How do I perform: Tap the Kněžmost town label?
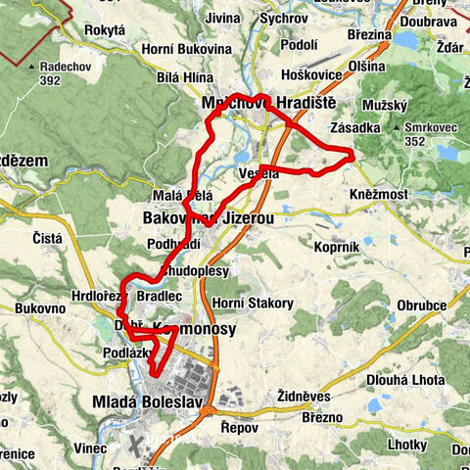(x=376, y=195)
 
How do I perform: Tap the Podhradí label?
(x=172, y=244)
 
